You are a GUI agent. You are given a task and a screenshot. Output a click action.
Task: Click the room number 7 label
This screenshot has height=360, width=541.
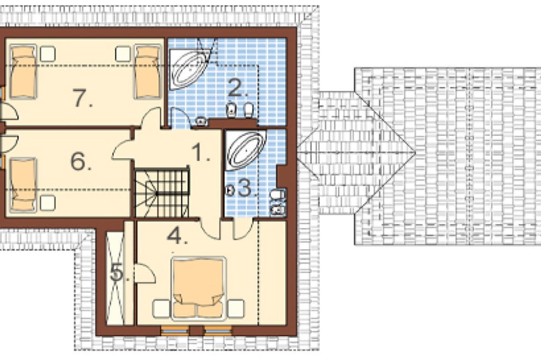(x=83, y=98)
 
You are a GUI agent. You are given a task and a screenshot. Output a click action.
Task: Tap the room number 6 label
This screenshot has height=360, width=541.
(x=81, y=161)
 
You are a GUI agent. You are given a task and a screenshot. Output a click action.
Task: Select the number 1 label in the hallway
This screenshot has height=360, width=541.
(x=201, y=152)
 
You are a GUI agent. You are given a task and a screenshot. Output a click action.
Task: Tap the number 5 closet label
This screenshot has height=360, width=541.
(x=120, y=274)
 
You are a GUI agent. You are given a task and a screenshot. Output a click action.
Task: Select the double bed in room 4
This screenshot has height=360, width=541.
(x=199, y=288)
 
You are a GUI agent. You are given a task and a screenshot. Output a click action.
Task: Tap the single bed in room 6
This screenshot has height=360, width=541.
(x=23, y=185)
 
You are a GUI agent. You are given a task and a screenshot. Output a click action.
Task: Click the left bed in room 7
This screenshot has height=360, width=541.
(x=23, y=71)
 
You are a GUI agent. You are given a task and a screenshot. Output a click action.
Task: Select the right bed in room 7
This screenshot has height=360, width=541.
(x=148, y=71)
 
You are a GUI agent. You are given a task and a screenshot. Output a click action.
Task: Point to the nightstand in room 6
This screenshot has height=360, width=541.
(x=48, y=203)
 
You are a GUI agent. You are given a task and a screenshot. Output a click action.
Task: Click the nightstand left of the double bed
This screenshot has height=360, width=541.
(x=161, y=309)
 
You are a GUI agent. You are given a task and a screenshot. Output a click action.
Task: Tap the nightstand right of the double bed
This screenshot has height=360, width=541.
(x=236, y=309)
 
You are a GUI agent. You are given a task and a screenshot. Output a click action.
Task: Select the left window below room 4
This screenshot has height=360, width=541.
(x=175, y=330)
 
